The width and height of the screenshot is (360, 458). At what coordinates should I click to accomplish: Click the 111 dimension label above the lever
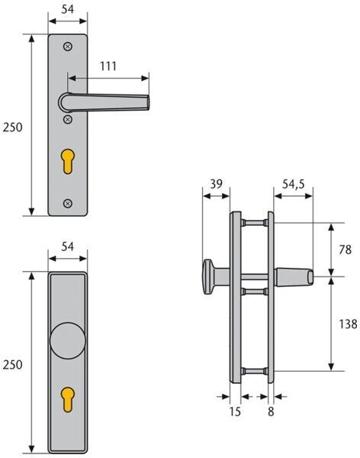(108, 66)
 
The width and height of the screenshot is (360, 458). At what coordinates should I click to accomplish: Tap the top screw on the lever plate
(68, 47)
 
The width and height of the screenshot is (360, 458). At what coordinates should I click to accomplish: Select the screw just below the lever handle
(68, 119)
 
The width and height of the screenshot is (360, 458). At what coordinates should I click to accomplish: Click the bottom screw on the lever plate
(68, 203)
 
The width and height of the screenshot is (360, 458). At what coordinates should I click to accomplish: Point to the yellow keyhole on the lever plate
(68, 161)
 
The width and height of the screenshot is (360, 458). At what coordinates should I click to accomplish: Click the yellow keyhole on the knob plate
(68, 399)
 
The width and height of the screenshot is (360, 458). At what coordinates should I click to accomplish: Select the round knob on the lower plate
(68, 340)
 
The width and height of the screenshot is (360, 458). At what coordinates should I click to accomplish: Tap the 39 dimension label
(216, 184)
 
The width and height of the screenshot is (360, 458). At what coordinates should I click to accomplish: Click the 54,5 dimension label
(293, 184)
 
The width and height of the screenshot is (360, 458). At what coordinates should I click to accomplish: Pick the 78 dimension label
(345, 250)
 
